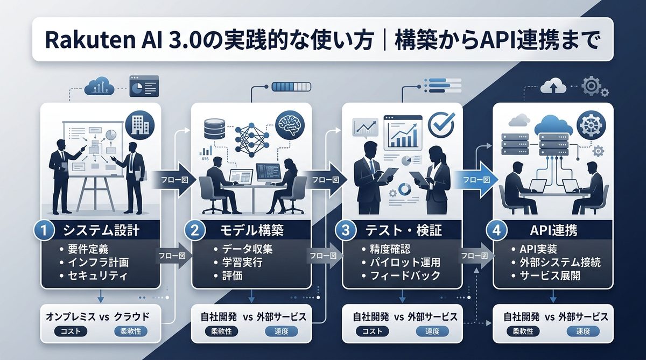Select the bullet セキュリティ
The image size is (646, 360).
click(98, 276)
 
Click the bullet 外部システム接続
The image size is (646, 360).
click(558, 263)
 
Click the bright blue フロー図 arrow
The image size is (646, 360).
click(475, 178)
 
